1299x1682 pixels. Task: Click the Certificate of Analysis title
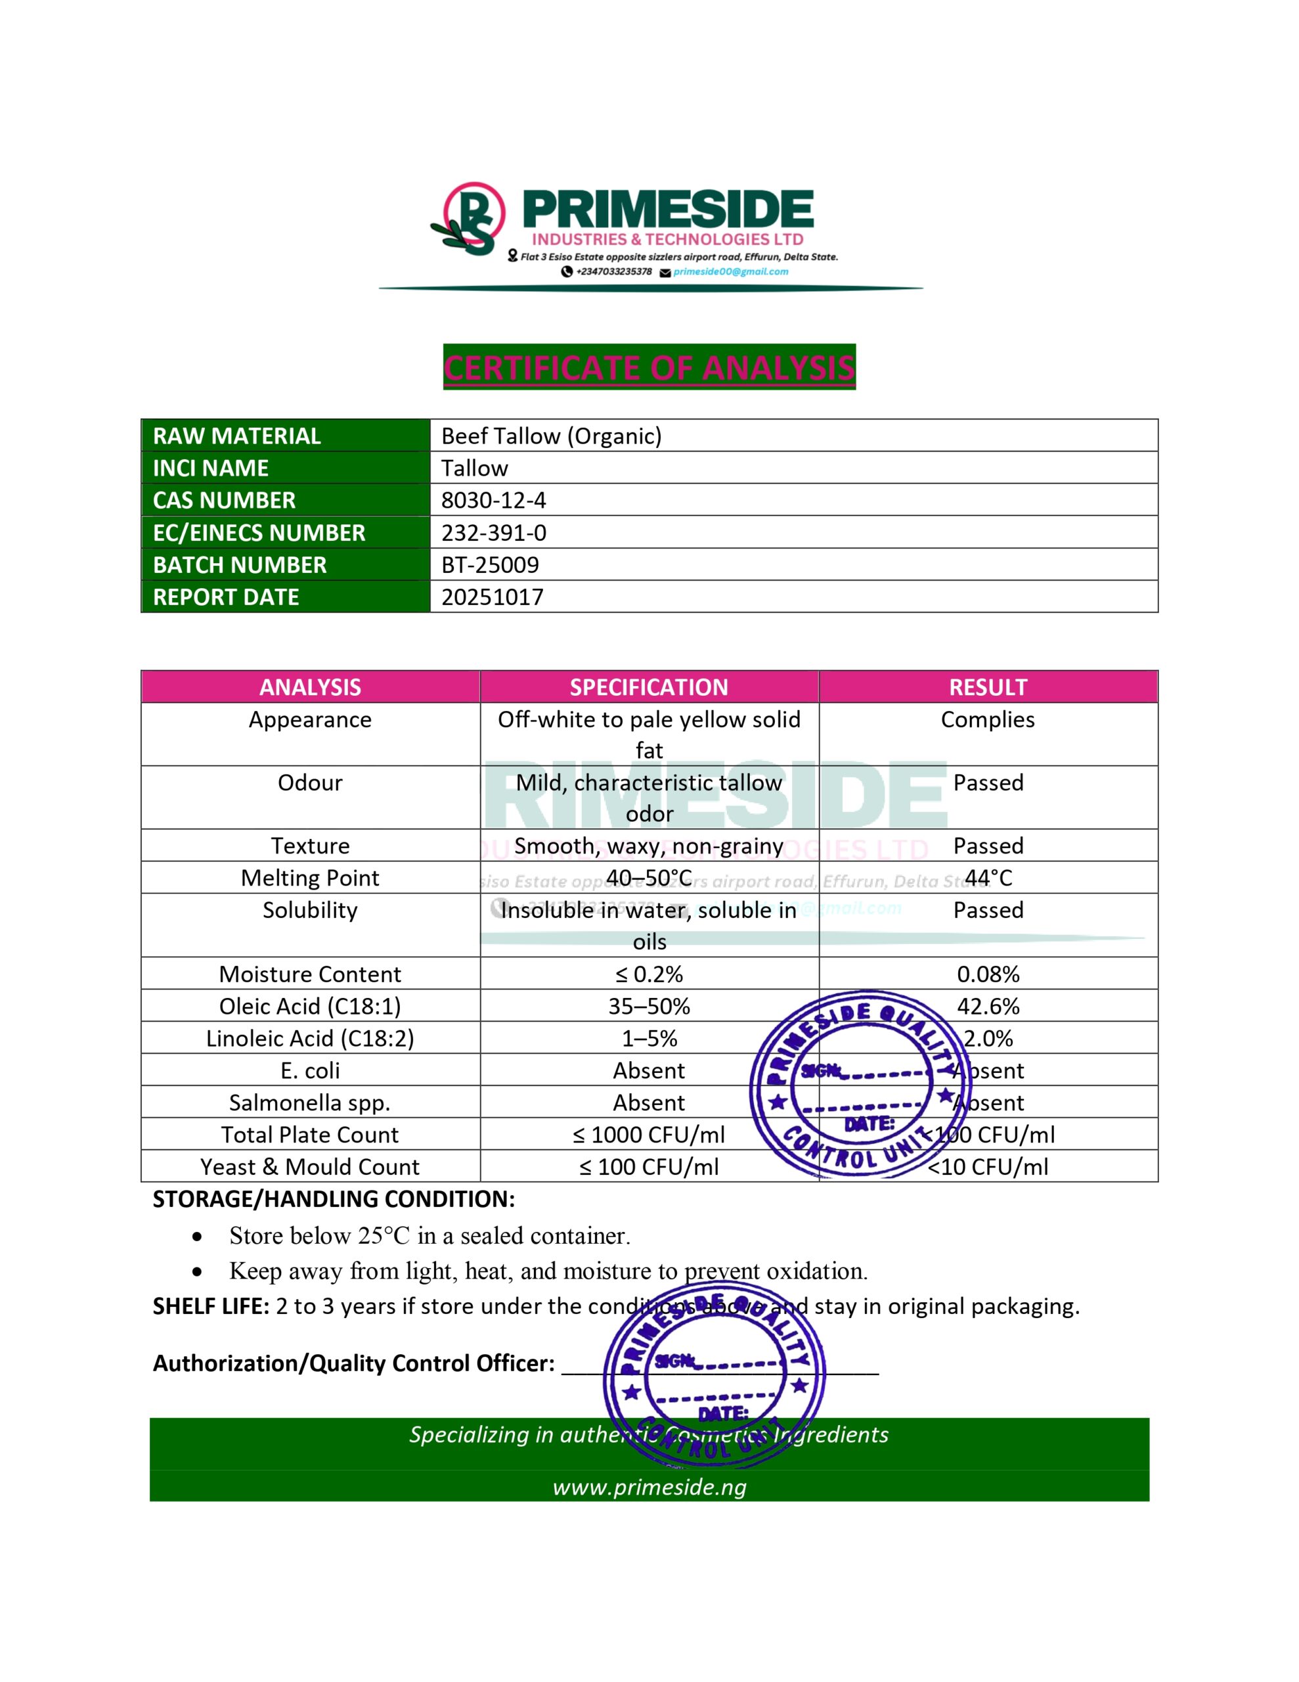(649, 367)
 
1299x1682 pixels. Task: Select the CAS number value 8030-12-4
(494, 501)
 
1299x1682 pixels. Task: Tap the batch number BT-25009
(490, 564)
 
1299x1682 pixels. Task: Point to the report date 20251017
(492, 597)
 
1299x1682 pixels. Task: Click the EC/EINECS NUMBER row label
(259, 533)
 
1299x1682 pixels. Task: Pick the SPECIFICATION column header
(649, 687)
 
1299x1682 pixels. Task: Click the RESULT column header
(988, 687)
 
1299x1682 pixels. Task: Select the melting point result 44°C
(988, 878)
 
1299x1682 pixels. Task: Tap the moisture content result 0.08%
(988, 974)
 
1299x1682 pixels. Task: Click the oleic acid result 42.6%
(988, 1007)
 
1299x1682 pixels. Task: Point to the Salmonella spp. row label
(309, 1103)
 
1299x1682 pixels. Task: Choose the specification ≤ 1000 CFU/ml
(649, 1135)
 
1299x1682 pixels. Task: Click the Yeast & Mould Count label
(309, 1167)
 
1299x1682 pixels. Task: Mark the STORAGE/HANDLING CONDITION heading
(334, 1199)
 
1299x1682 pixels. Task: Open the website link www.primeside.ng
(649, 1486)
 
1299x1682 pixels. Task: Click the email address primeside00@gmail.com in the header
(730, 272)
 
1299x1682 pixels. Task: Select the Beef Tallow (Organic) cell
(552, 436)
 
